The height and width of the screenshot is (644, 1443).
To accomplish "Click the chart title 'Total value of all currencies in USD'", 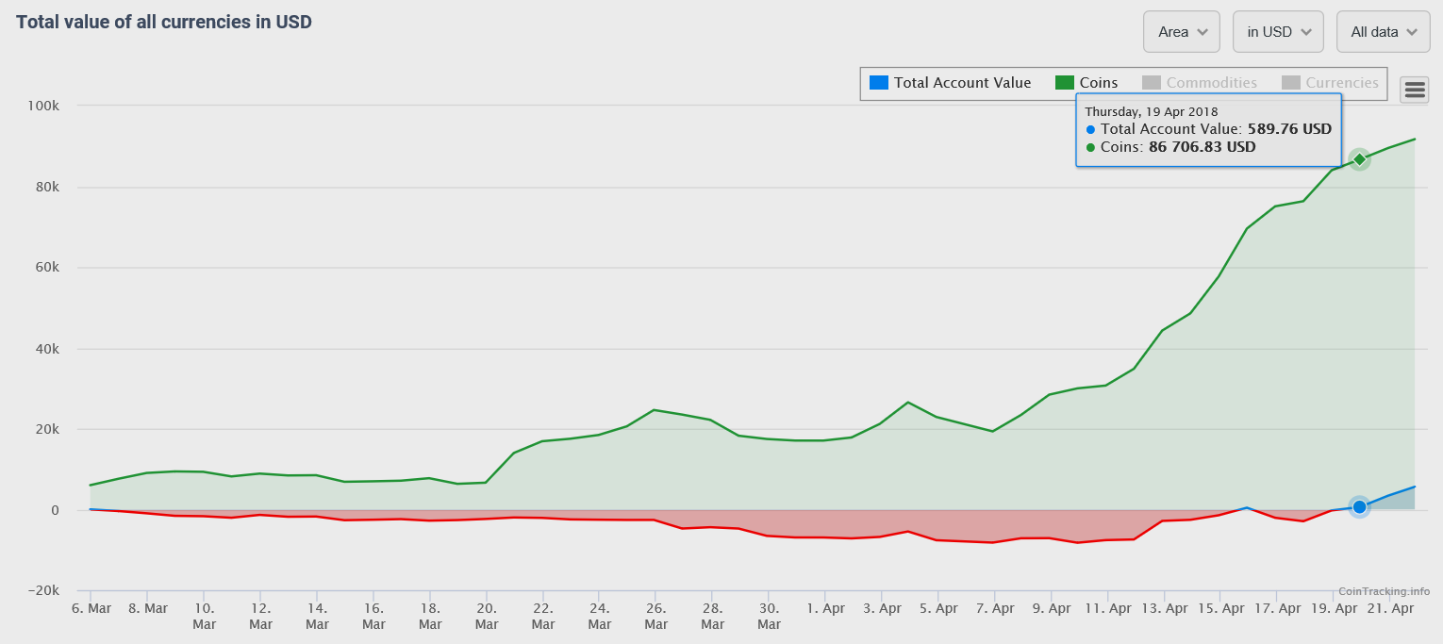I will tap(164, 22).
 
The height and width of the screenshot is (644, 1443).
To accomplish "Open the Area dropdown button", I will tap(1182, 32).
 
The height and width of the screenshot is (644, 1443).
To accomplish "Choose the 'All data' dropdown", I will tap(1383, 32).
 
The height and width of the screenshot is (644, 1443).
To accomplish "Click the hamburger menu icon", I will tap(1415, 90).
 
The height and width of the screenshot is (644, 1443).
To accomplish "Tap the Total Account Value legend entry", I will tap(951, 83).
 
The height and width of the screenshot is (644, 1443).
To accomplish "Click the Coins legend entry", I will tap(1086, 83).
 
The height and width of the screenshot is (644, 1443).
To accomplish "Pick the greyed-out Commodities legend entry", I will tap(1200, 83).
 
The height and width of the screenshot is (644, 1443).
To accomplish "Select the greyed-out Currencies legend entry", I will tap(1330, 83).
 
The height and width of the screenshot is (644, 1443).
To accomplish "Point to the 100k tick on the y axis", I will tap(43, 106).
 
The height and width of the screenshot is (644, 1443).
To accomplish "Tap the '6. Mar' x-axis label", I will tap(91, 609).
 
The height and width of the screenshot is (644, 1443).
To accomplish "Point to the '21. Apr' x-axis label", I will tap(1389, 609).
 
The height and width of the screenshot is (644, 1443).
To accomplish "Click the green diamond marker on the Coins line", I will tap(1359, 159).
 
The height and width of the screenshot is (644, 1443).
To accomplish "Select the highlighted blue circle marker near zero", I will tap(1359, 507).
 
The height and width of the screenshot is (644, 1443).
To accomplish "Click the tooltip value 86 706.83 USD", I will tap(1202, 147).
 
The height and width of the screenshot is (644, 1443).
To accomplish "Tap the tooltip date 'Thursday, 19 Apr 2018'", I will tap(1151, 111).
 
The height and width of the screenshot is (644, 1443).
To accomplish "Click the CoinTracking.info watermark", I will tap(1384, 591).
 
